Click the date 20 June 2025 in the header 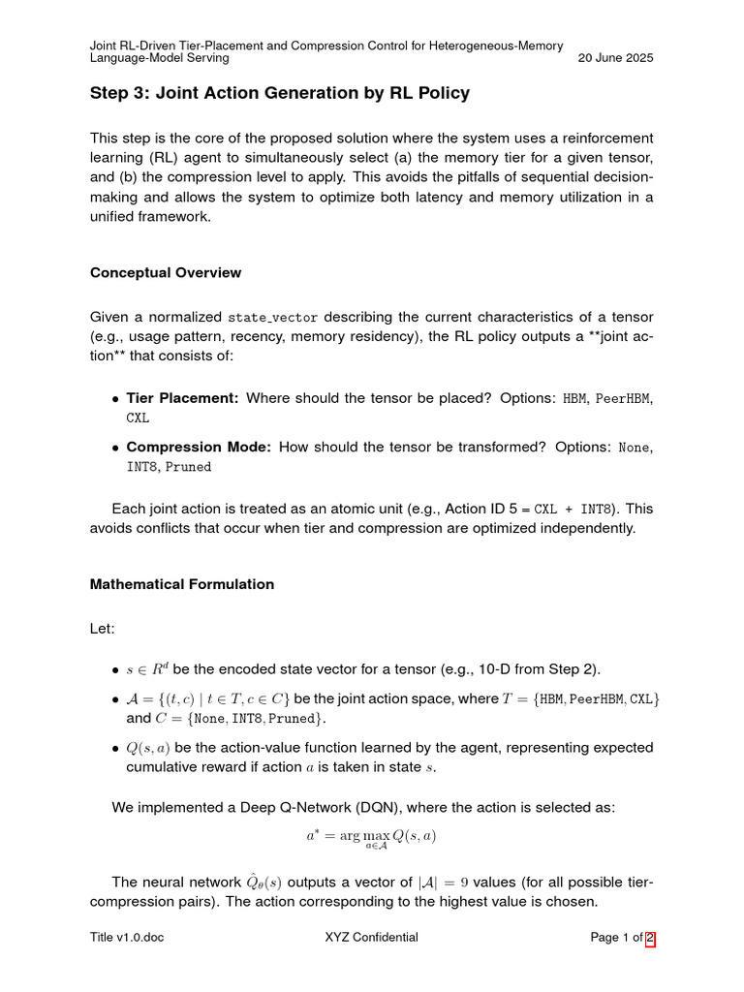click(615, 57)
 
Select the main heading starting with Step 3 click(279, 93)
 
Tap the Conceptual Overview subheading click(166, 272)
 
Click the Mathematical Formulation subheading click(182, 584)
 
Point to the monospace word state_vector click(272, 318)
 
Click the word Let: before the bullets click(103, 629)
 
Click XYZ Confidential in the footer click(373, 937)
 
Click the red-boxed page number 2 click(650, 937)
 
